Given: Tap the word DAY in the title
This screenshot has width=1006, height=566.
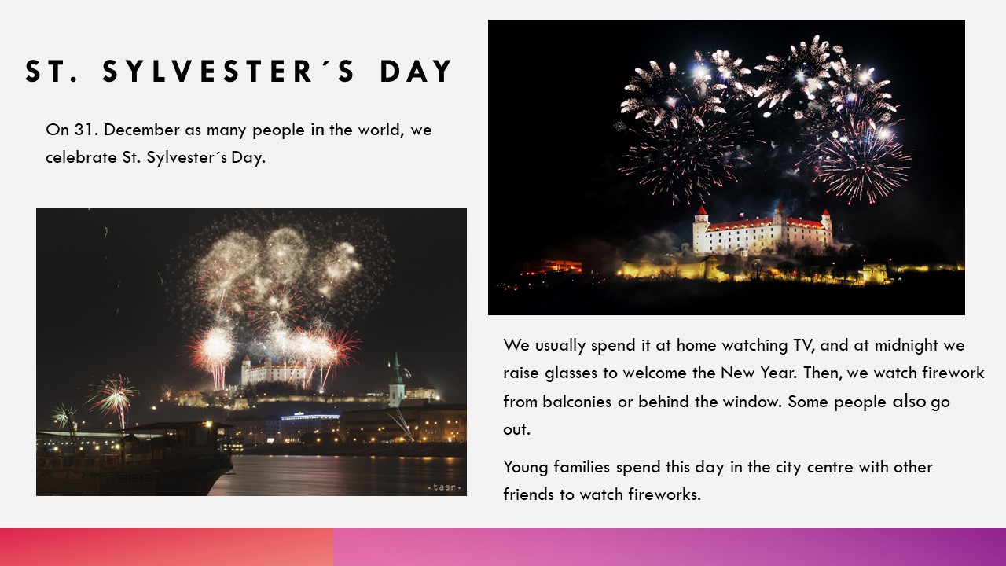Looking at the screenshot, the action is click(x=416, y=72).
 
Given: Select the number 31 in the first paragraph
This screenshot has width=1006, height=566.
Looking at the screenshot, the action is click(x=83, y=130).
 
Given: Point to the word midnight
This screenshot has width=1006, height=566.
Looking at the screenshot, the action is click(x=900, y=345).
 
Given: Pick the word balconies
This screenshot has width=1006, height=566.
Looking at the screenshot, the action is click(x=577, y=401).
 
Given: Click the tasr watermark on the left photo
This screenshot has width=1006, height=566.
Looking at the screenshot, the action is click(x=445, y=487).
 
